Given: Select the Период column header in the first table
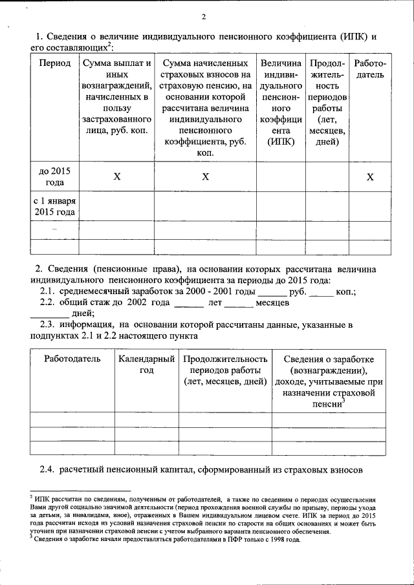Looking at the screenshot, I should (54, 64).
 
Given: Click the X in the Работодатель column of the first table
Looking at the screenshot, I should (370, 176).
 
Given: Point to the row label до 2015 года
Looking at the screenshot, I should (54, 176).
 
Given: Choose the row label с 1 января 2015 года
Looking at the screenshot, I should (54, 206).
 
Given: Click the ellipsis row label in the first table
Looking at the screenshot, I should (54, 229).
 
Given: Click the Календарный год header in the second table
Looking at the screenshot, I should (147, 364).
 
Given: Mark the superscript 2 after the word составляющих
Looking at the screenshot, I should (111, 45).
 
